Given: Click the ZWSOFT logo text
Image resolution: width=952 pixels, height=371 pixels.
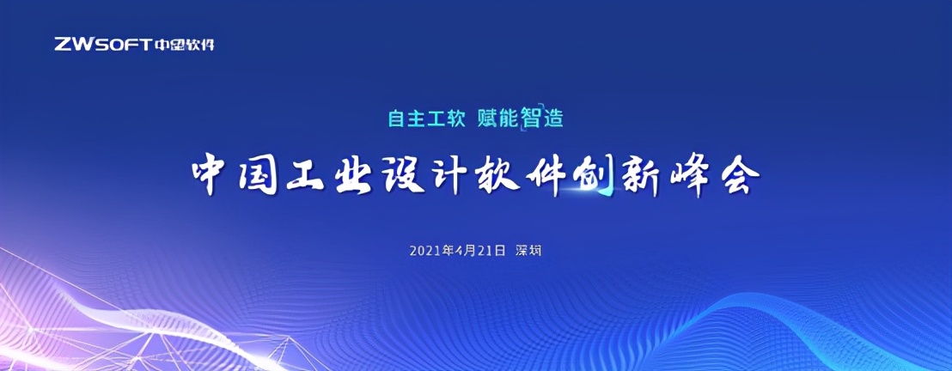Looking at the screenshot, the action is coord(101,45).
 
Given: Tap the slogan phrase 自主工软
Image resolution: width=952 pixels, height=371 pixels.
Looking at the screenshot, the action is coord(427,119).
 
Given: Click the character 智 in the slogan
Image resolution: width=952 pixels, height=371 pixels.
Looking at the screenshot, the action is coord(531,119).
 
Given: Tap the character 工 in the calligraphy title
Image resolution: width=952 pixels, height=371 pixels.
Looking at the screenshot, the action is coord(305,178).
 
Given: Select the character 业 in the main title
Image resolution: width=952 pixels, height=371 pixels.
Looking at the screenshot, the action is coord(353,177).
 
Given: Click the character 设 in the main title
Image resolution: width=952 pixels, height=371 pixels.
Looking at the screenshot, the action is coord(403,177).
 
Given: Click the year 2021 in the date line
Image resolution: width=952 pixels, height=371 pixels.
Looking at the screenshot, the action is coord(424,251).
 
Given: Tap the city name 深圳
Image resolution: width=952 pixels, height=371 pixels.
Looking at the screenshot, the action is coord(528,251).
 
